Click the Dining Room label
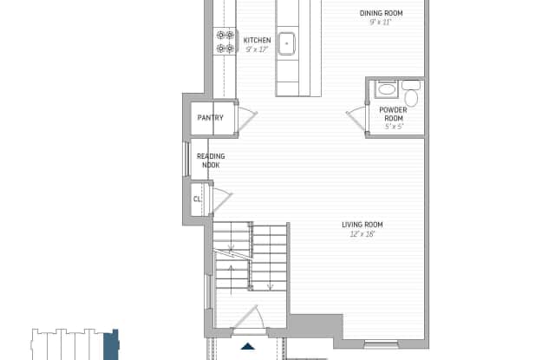[x=382, y=13]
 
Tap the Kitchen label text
[x=257, y=41]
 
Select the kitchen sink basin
[x=286, y=43]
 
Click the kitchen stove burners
[x=225, y=42]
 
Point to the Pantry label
[x=210, y=117]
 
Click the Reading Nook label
[x=211, y=160]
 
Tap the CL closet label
[x=197, y=200]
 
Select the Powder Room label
[x=393, y=114]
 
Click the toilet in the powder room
[x=411, y=93]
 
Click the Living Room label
[x=362, y=225]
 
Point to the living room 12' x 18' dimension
[x=362, y=234]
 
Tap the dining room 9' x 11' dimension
[x=381, y=23]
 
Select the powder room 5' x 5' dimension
[x=394, y=127]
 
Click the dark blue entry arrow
[x=248, y=346]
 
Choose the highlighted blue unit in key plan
[x=111, y=344]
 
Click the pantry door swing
[x=249, y=120]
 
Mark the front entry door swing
[x=248, y=317]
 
